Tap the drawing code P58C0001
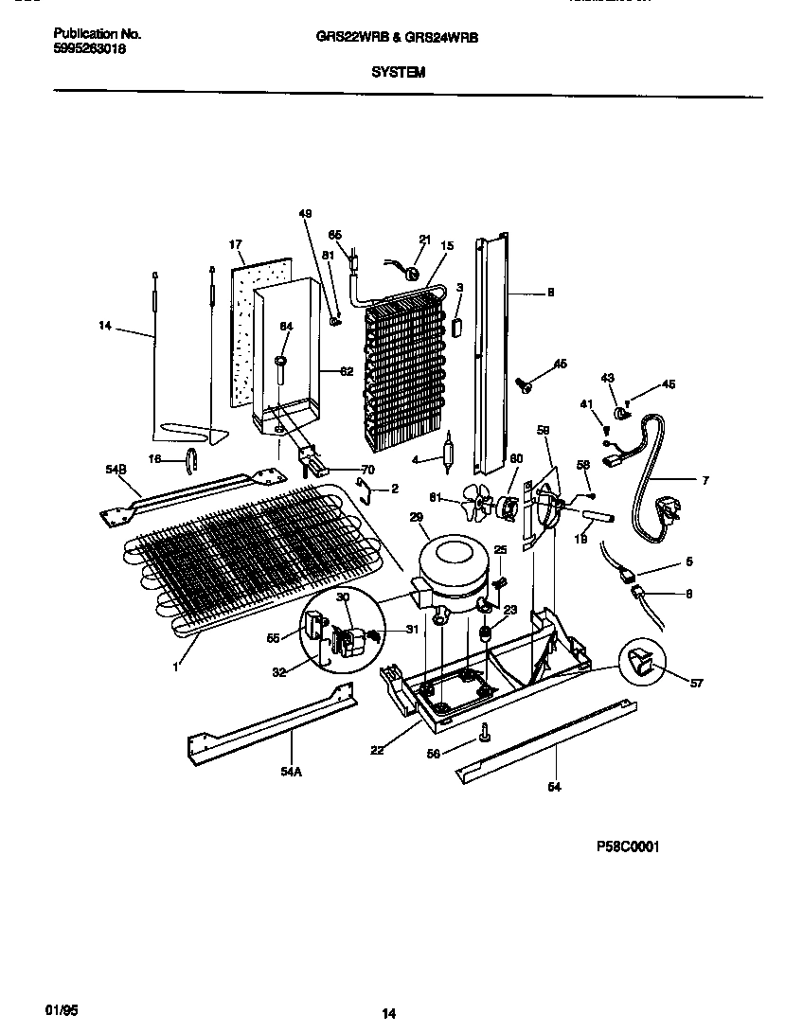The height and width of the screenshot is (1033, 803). pyautogui.click(x=627, y=846)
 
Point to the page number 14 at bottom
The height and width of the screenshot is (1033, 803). pyautogui.click(x=388, y=1013)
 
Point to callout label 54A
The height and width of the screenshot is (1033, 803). pyautogui.click(x=292, y=772)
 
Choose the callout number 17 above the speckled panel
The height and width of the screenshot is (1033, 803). pyautogui.click(x=236, y=244)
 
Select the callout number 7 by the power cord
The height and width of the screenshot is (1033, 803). pyautogui.click(x=704, y=481)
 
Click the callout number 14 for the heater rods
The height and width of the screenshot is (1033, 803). pyautogui.click(x=104, y=326)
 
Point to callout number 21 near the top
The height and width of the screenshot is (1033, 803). pyautogui.click(x=424, y=240)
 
